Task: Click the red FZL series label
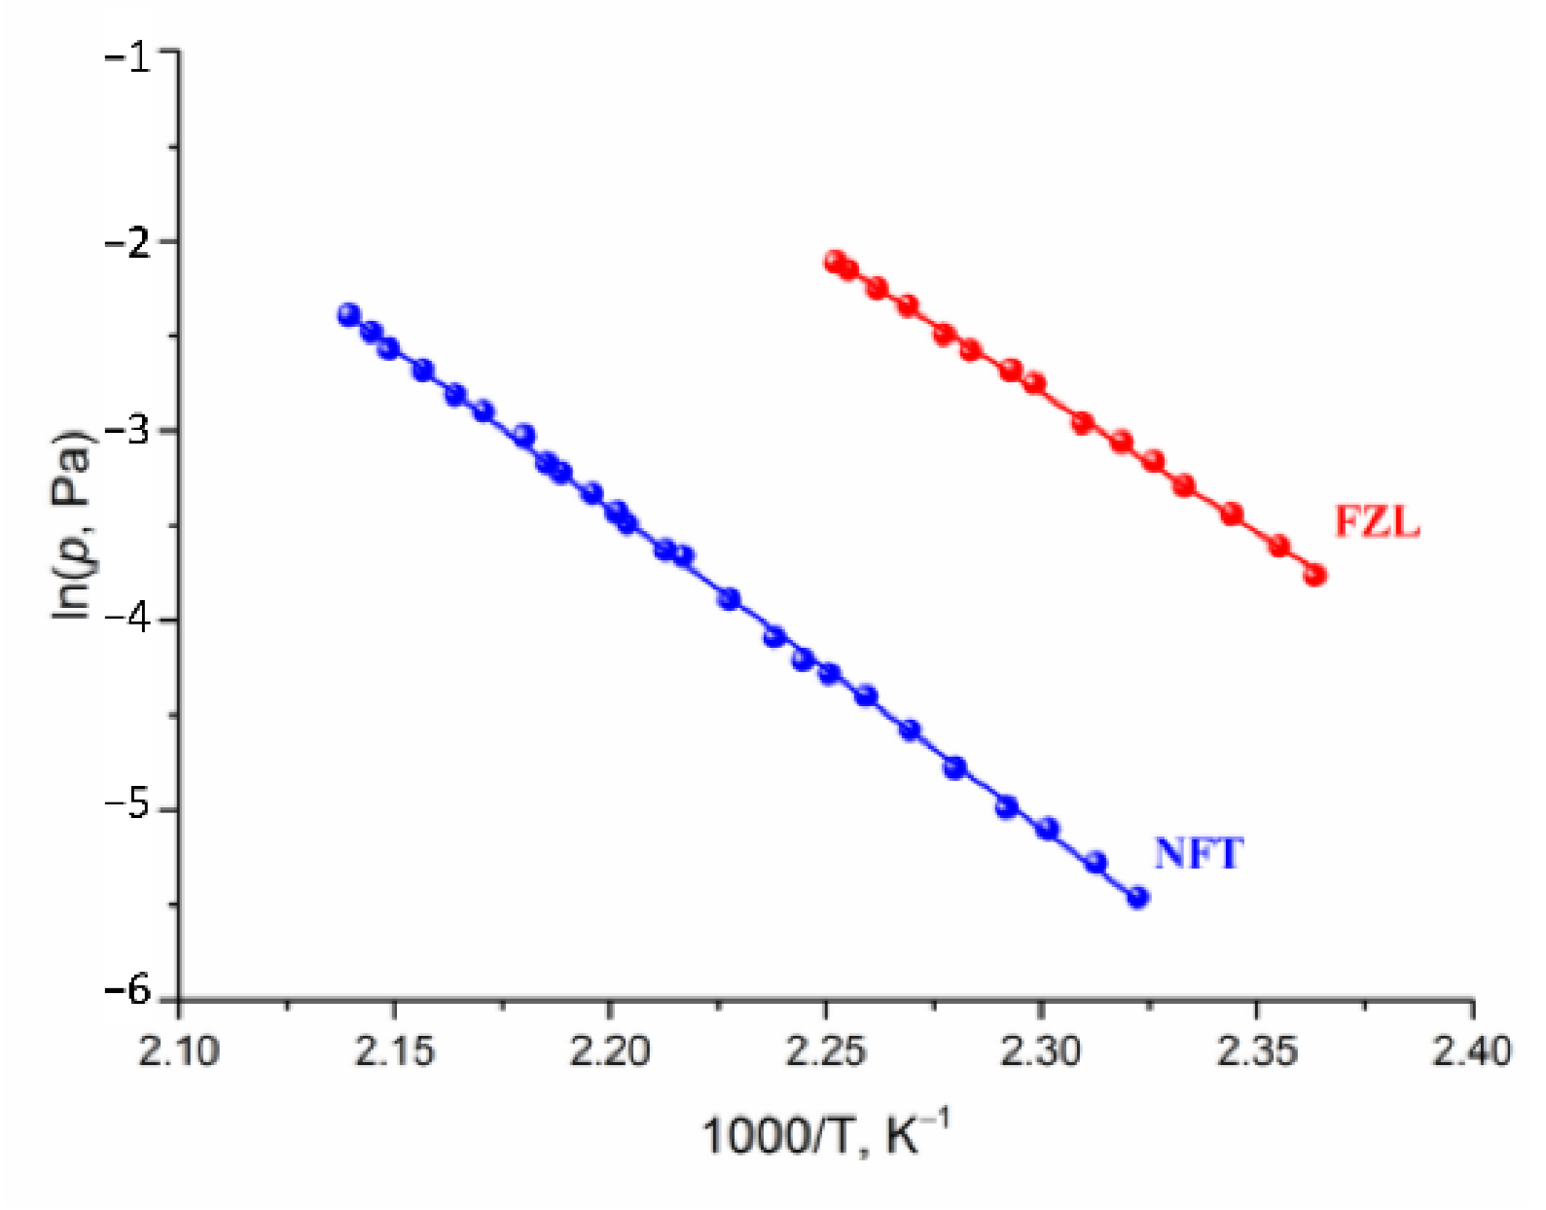(x=1376, y=522)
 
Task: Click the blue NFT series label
(x=1198, y=854)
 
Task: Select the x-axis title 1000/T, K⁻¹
(x=824, y=1134)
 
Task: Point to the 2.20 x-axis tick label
(x=610, y=1051)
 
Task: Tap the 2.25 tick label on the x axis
(x=825, y=1051)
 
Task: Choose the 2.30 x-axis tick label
(x=1041, y=1051)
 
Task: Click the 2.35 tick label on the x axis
(x=1256, y=1051)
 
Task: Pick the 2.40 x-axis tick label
(x=1471, y=1051)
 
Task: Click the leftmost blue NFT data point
(x=349, y=314)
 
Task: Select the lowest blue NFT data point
(x=1137, y=897)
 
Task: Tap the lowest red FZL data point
(x=1315, y=575)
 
